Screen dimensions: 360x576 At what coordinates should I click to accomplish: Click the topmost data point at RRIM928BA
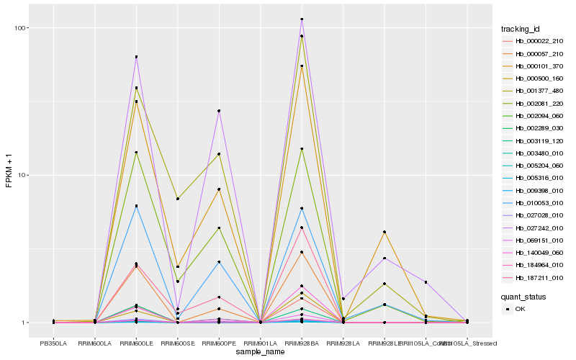[302, 19]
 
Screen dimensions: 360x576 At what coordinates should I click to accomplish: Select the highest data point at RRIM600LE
[136, 57]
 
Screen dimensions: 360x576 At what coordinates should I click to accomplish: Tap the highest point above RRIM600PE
[219, 111]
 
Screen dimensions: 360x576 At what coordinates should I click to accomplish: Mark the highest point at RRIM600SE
[178, 199]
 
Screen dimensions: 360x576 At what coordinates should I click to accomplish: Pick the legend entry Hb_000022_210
[539, 42]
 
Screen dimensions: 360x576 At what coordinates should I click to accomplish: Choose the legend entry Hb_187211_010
[539, 277]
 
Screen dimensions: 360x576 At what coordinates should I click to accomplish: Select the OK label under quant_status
[520, 309]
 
